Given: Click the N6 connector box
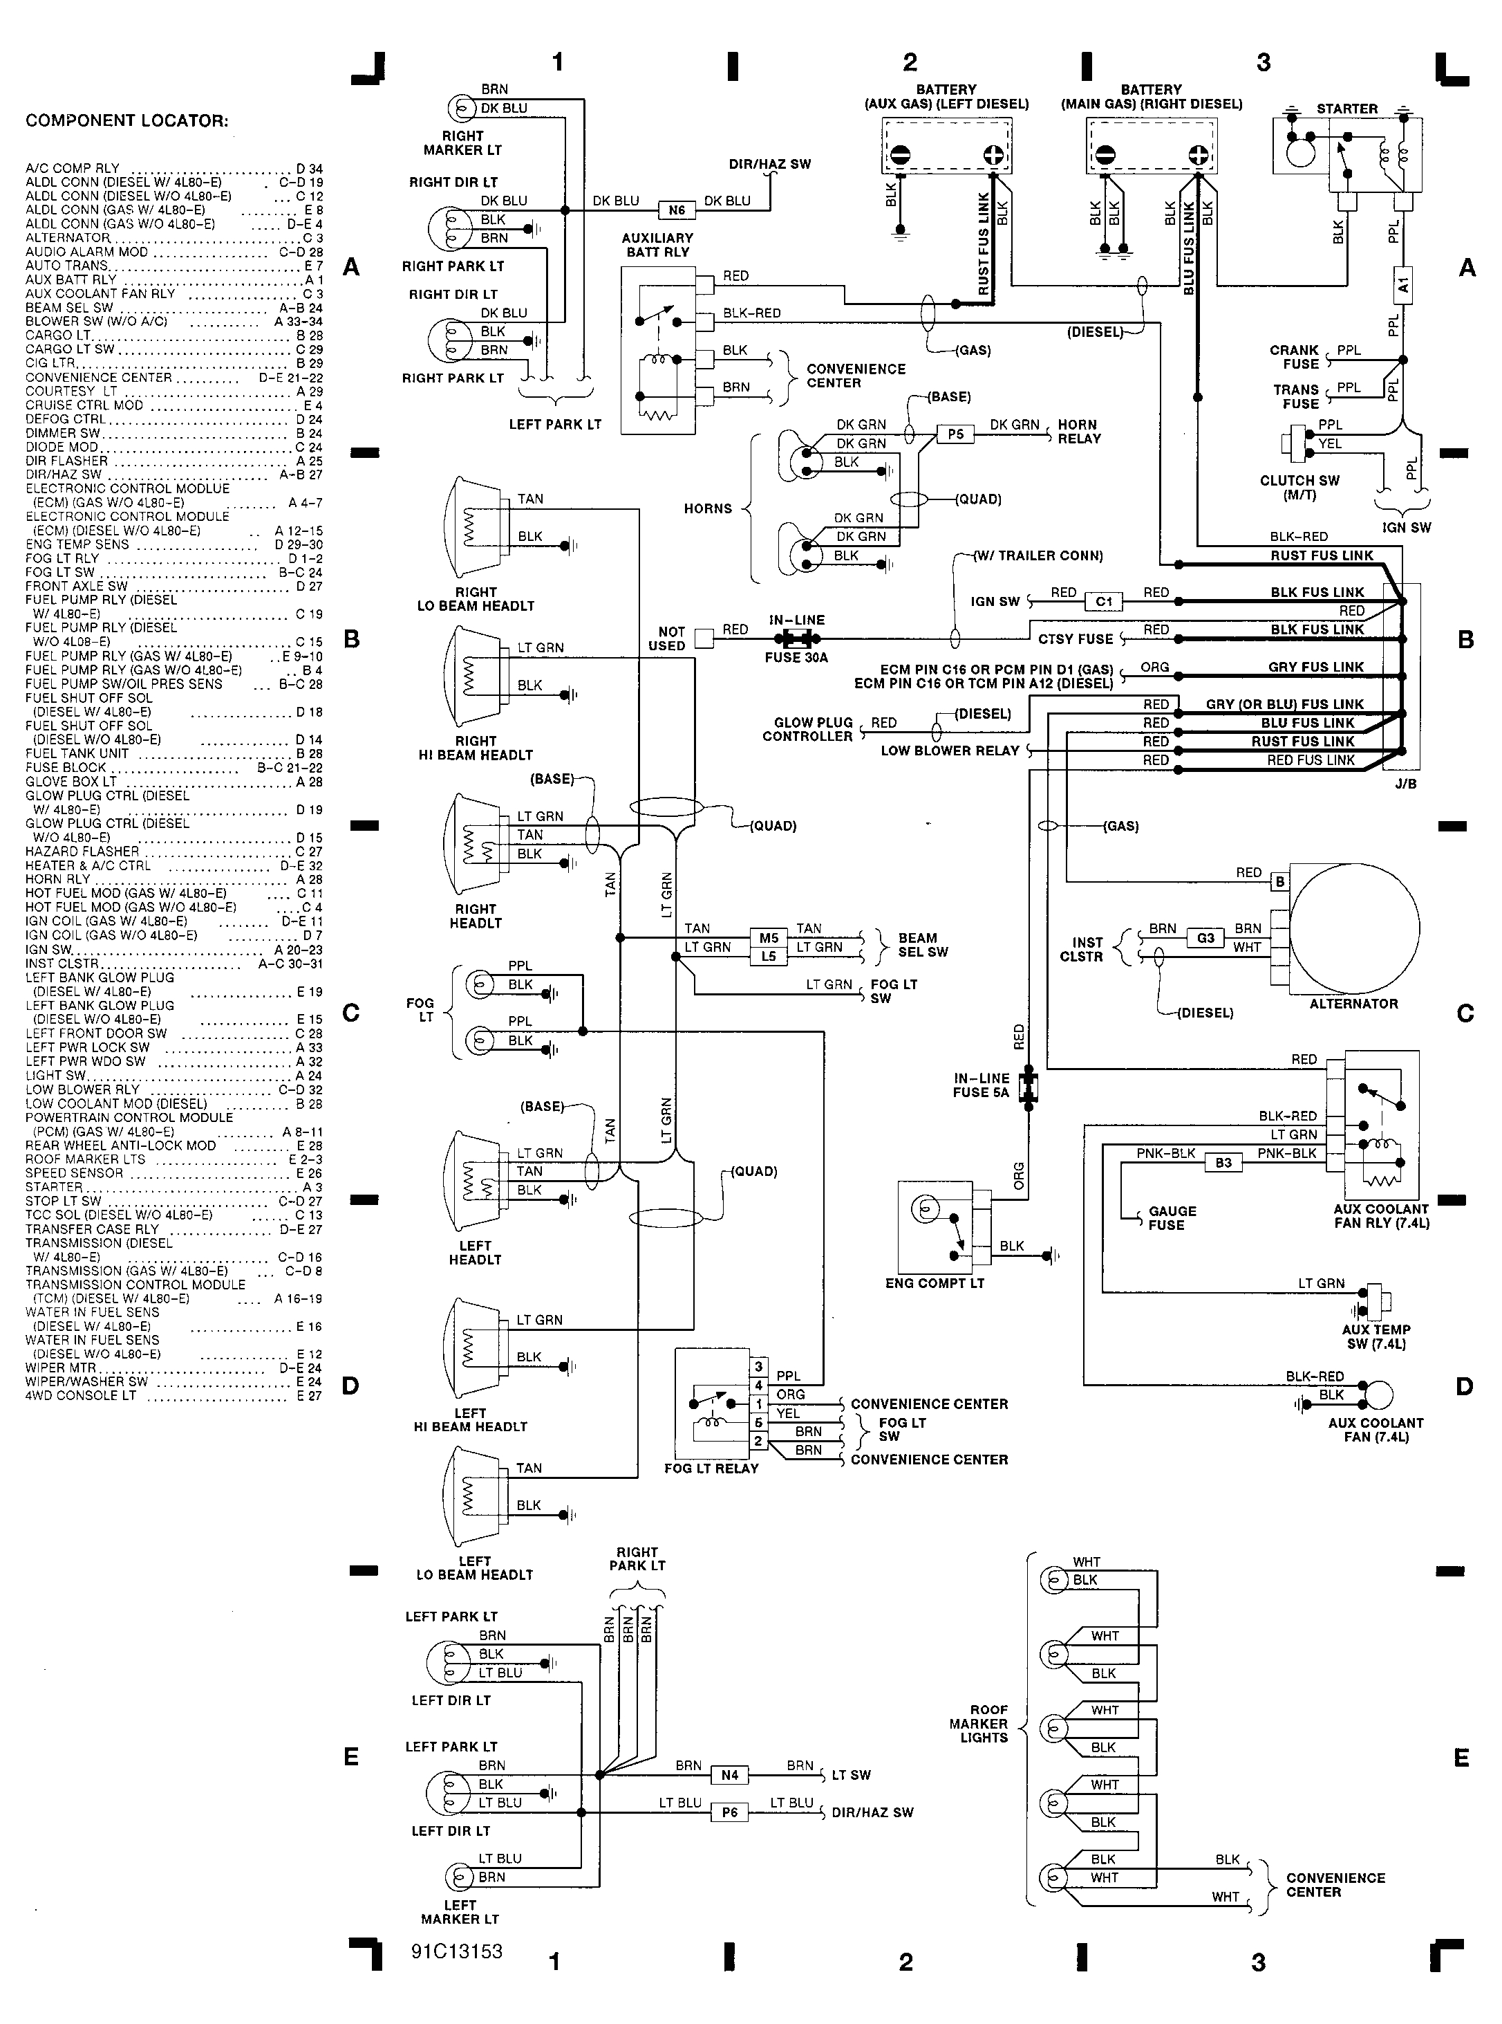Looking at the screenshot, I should pos(677,210).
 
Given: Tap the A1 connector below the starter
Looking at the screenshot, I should pos(1403,286).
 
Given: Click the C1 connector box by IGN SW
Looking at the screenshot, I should pos(1104,601).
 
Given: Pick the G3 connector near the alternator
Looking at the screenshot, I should pos(1205,938).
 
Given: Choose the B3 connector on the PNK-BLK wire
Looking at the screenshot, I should pos(1223,1163).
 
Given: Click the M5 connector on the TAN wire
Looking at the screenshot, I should pos(768,938).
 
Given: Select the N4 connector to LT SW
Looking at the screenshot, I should pos(729,1775).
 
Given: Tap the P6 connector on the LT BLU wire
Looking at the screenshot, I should pos(729,1812).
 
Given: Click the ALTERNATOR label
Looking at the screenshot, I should pos(1353,1004).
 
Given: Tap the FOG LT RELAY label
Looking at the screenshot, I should pos(711,1469).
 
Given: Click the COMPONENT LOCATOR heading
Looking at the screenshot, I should pos(126,121).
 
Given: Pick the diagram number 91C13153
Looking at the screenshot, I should pos(456,1951).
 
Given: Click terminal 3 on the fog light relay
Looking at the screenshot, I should pos(758,1366).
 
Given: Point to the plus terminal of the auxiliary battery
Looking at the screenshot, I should pos(993,155).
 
